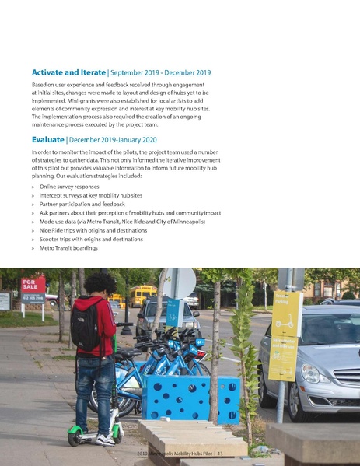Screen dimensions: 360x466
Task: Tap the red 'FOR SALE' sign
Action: click(x=33, y=285)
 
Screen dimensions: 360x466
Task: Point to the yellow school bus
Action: click(x=142, y=294)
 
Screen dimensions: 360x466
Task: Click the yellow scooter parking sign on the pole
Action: click(x=285, y=335)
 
